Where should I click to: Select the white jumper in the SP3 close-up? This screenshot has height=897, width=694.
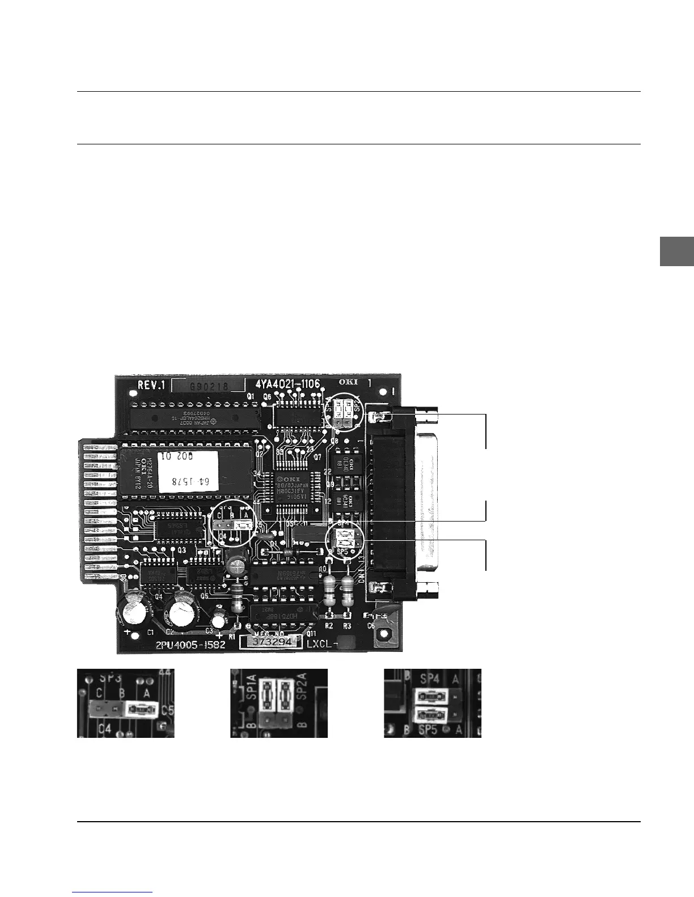coord(141,708)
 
